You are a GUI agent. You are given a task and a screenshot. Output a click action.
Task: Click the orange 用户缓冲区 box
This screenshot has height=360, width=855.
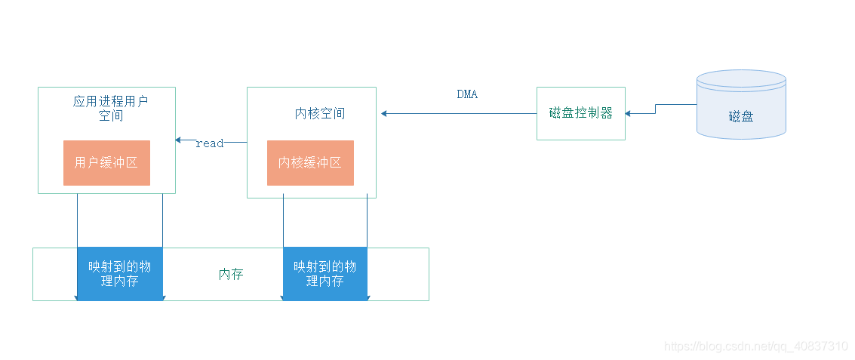coord(106,162)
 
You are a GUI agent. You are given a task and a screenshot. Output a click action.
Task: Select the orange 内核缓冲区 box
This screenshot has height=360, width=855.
coord(310,162)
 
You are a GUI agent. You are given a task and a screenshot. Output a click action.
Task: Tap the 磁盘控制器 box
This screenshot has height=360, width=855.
coord(581,113)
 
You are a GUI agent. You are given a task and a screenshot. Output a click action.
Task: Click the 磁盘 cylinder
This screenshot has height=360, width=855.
coord(741,106)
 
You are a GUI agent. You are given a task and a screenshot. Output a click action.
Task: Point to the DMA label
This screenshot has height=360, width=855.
coord(467,94)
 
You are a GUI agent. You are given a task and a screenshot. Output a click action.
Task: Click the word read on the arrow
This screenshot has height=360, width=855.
coord(209,143)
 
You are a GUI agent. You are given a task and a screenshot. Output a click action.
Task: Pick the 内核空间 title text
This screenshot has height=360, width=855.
coord(319,114)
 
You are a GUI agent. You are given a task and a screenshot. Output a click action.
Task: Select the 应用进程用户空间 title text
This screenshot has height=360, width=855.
coord(110,108)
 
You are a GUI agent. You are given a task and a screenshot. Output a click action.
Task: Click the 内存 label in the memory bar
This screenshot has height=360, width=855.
coord(231,275)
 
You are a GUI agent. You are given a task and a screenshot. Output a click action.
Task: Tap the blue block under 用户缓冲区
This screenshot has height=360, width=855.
coord(120,274)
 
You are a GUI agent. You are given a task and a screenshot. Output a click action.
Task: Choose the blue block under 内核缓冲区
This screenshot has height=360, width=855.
coord(324,274)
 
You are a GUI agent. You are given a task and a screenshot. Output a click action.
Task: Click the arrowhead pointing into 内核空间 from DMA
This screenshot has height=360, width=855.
coord(385,113)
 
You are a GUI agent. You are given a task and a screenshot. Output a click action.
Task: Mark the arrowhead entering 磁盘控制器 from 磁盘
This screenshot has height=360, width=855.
coord(629,113)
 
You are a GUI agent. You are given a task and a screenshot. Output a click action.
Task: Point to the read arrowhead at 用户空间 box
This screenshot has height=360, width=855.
coord(179,140)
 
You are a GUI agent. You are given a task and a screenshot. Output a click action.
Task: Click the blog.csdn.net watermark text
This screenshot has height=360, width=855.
coord(756,346)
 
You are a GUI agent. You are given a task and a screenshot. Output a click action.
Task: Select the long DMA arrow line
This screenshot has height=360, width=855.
coord(460,113)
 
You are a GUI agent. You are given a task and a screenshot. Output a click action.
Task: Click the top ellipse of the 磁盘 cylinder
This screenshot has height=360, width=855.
coord(741,79)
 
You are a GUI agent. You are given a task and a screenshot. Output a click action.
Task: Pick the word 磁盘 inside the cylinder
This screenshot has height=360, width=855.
coord(741,116)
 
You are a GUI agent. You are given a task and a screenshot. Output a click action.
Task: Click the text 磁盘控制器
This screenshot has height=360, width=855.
coord(581,113)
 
